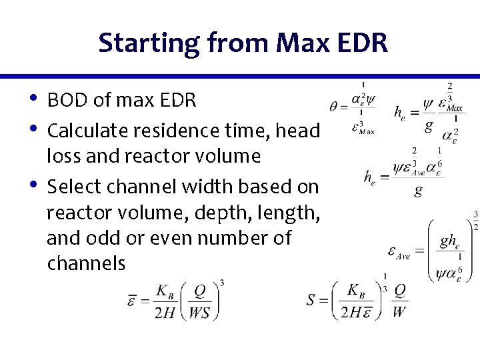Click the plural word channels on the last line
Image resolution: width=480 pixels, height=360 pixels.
(x=86, y=264)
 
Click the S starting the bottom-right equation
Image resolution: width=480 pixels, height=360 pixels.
(x=311, y=300)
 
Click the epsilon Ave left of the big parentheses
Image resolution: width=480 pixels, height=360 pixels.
(x=398, y=252)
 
